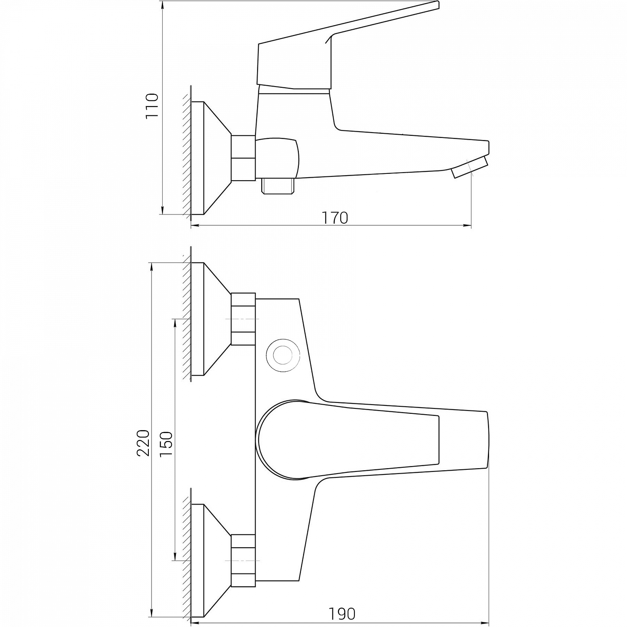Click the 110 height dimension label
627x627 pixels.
(x=152, y=106)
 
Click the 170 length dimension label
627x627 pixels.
(x=334, y=218)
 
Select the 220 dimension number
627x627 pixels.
(x=143, y=443)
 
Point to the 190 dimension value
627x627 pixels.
(x=342, y=614)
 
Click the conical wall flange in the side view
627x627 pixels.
(x=211, y=158)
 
